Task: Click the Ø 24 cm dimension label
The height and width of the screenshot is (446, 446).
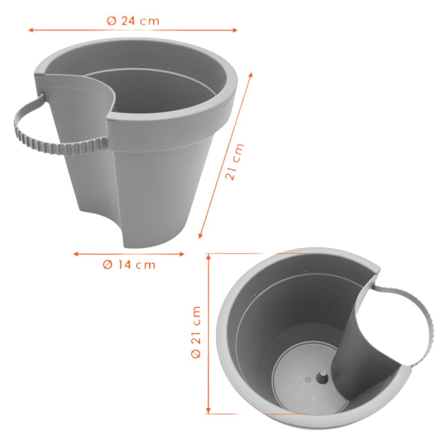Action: (133, 21)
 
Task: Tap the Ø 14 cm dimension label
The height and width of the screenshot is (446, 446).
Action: (129, 265)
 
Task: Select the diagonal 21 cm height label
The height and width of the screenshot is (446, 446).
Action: (235, 162)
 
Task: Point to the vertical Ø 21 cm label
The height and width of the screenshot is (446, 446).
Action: (196, 332)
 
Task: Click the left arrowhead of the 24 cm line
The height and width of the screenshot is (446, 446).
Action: (31, 30)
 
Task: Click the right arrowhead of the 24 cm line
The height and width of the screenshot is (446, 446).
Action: (235, 30)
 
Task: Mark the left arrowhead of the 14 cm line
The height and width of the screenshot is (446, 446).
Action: (76, 254)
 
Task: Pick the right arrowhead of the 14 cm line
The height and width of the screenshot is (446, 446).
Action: (182, 254)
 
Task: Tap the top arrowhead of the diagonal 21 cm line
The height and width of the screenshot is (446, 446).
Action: (250, 75)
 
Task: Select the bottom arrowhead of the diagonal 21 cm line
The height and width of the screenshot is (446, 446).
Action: (200, 236)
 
